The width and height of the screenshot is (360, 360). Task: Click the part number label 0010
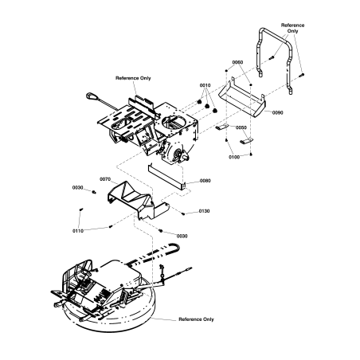click(205, 85)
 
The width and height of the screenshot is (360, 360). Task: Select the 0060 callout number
click(237, 62)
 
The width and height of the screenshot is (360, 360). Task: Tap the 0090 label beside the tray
click(278, 113)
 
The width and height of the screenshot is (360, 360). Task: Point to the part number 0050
click(241, 127)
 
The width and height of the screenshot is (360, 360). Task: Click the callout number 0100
click(234, 158)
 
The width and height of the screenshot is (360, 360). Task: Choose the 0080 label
click(205, 181)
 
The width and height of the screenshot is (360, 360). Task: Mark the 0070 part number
click(104, 179)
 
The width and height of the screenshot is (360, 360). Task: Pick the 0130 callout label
click(205, 211)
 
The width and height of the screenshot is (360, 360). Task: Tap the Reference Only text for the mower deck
click(196, 319)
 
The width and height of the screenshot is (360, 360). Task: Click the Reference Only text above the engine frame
click(133, 78)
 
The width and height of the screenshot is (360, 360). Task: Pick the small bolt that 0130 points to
click(182, 213)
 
